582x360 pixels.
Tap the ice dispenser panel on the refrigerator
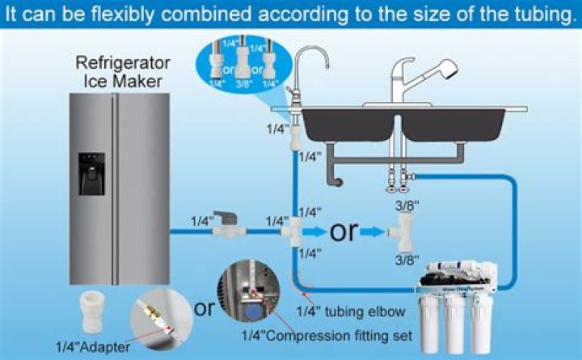point(91,172)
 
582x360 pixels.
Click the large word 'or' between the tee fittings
point(343,231)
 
